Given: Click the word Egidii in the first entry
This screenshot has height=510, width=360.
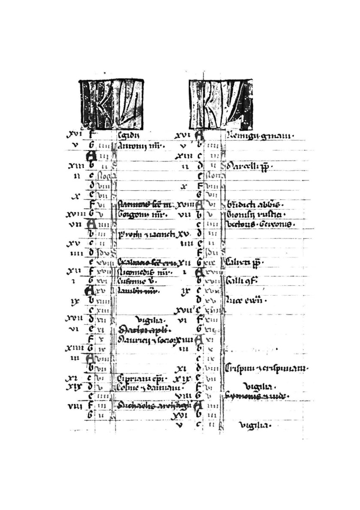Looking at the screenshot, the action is tap(128, 136).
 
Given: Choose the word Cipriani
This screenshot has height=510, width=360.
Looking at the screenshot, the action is tap(130, 378).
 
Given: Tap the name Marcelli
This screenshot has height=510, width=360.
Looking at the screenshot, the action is tap(244, 167).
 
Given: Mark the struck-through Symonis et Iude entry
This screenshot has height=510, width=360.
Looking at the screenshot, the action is tap(257, 396).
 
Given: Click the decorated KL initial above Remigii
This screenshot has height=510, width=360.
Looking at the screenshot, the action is tap(220, 104).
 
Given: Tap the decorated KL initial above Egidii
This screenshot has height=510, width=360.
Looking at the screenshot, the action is tap(111, 104).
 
